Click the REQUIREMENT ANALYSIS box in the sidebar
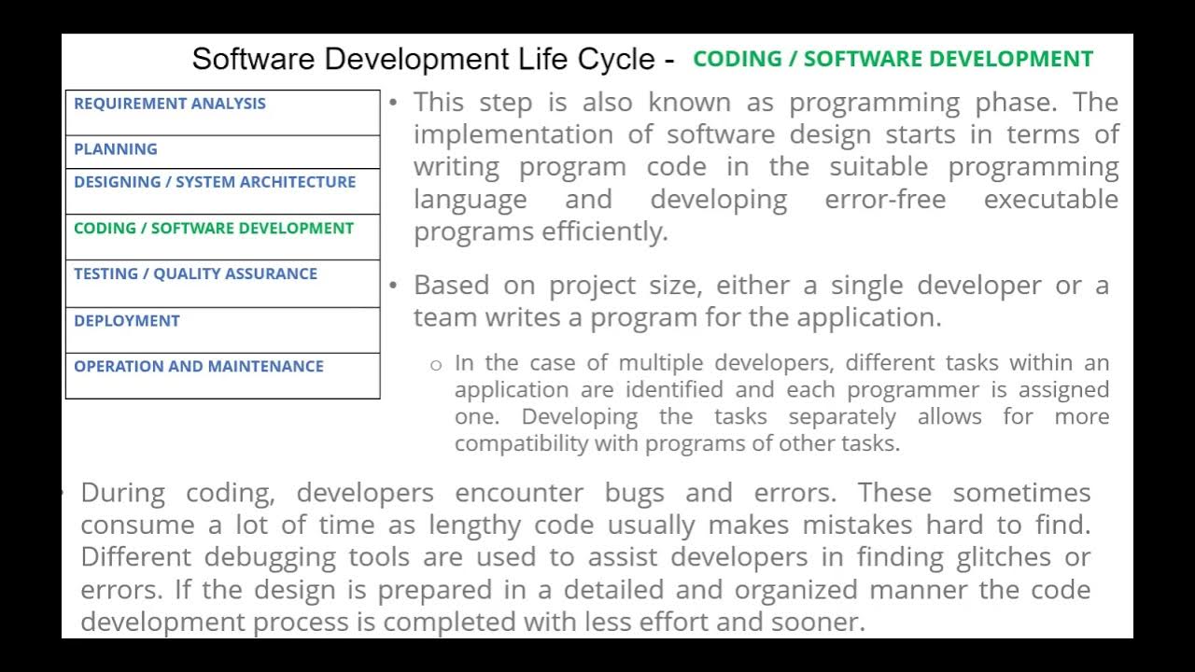click(170, 104)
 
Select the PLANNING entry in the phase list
click(116, 149)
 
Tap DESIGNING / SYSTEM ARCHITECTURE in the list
click(215, 182)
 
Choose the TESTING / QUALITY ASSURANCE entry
click(195, 273)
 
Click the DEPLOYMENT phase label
click(127, 320)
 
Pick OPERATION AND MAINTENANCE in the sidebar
click(199, 366)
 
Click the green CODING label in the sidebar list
click(214, 228)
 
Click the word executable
click(1051, 200)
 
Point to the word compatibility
click(521, 443)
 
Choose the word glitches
click(1008, 557)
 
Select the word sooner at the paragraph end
click(821, 622)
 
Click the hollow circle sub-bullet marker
click(435, 365)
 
